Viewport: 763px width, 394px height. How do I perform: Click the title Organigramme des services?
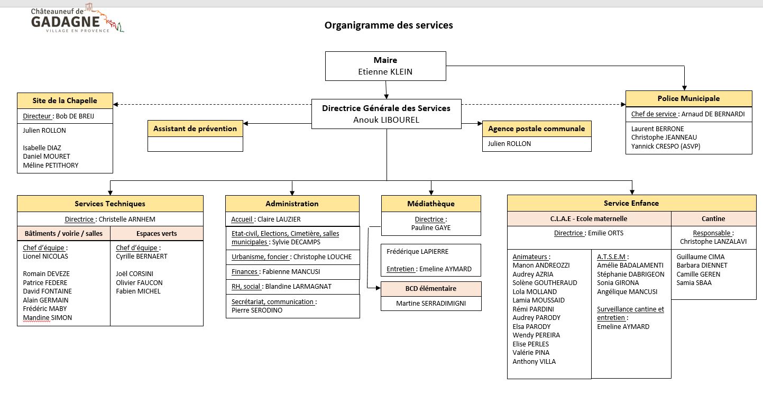point(389,25)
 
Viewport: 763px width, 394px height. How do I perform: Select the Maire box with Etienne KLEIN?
point(385,66)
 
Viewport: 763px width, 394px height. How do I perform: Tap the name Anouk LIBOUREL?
point(387,120)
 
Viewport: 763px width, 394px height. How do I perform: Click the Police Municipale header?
point(689,98)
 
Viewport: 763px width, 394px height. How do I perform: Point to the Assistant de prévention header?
point(195,129)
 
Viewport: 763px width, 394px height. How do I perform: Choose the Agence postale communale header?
point(537,129)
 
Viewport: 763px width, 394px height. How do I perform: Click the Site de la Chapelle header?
point(65,100)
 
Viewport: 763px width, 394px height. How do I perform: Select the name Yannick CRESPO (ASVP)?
point(666,146)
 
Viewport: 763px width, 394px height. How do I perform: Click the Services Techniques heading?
point(110,204)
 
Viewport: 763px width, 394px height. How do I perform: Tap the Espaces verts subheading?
point(157,233)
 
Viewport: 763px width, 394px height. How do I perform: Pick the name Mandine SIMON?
point(48,318)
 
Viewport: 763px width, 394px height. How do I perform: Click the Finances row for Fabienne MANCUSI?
point(293,272)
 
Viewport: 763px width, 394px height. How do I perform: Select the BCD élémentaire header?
point(431,289)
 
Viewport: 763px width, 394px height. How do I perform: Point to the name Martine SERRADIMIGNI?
point(431,304)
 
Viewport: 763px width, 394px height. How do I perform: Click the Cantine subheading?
point(713,219)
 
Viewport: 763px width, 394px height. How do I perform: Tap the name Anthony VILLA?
point(534,362)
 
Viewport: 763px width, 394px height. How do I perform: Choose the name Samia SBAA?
point(694,282)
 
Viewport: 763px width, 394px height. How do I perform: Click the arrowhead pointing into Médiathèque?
point(431,193)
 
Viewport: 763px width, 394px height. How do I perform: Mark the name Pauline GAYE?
point(431,228)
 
